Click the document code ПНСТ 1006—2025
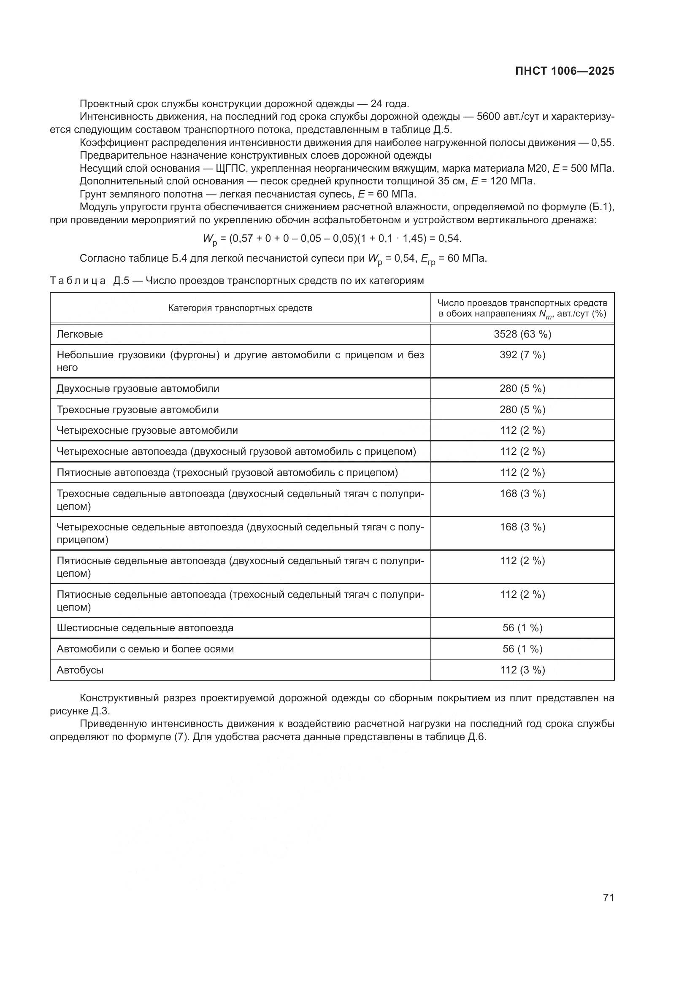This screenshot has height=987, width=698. pyautogui.click(x=564, y=71)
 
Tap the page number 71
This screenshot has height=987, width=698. pyautogui.click(x=608, y=898)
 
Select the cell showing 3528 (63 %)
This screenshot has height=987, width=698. pyautogui.click(x=522, y=334)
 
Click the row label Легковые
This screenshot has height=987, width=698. pyautogui.click(x=80, y=334)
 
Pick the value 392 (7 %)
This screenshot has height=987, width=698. pyautogui.click(x=522, y=355)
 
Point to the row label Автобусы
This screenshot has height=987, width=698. pyautogui.click(x=80, y=670)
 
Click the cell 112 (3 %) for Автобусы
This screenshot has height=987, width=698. pyautogui.click(x=522, y=670)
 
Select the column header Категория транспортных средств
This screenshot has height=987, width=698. pyautogui.click(x=240, y=308)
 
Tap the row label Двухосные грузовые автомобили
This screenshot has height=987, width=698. pyautogui.click(x=138, y=389)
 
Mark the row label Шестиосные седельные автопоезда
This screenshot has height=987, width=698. pyautogui.click(x=145, y=628)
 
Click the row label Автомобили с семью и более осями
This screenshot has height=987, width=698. pyautogui.click(x=145, y=649)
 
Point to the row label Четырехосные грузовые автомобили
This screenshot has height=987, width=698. pyautogui.click(x=147, y=431)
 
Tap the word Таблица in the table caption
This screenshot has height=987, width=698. pyautogui.click(x=78, y=281)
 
